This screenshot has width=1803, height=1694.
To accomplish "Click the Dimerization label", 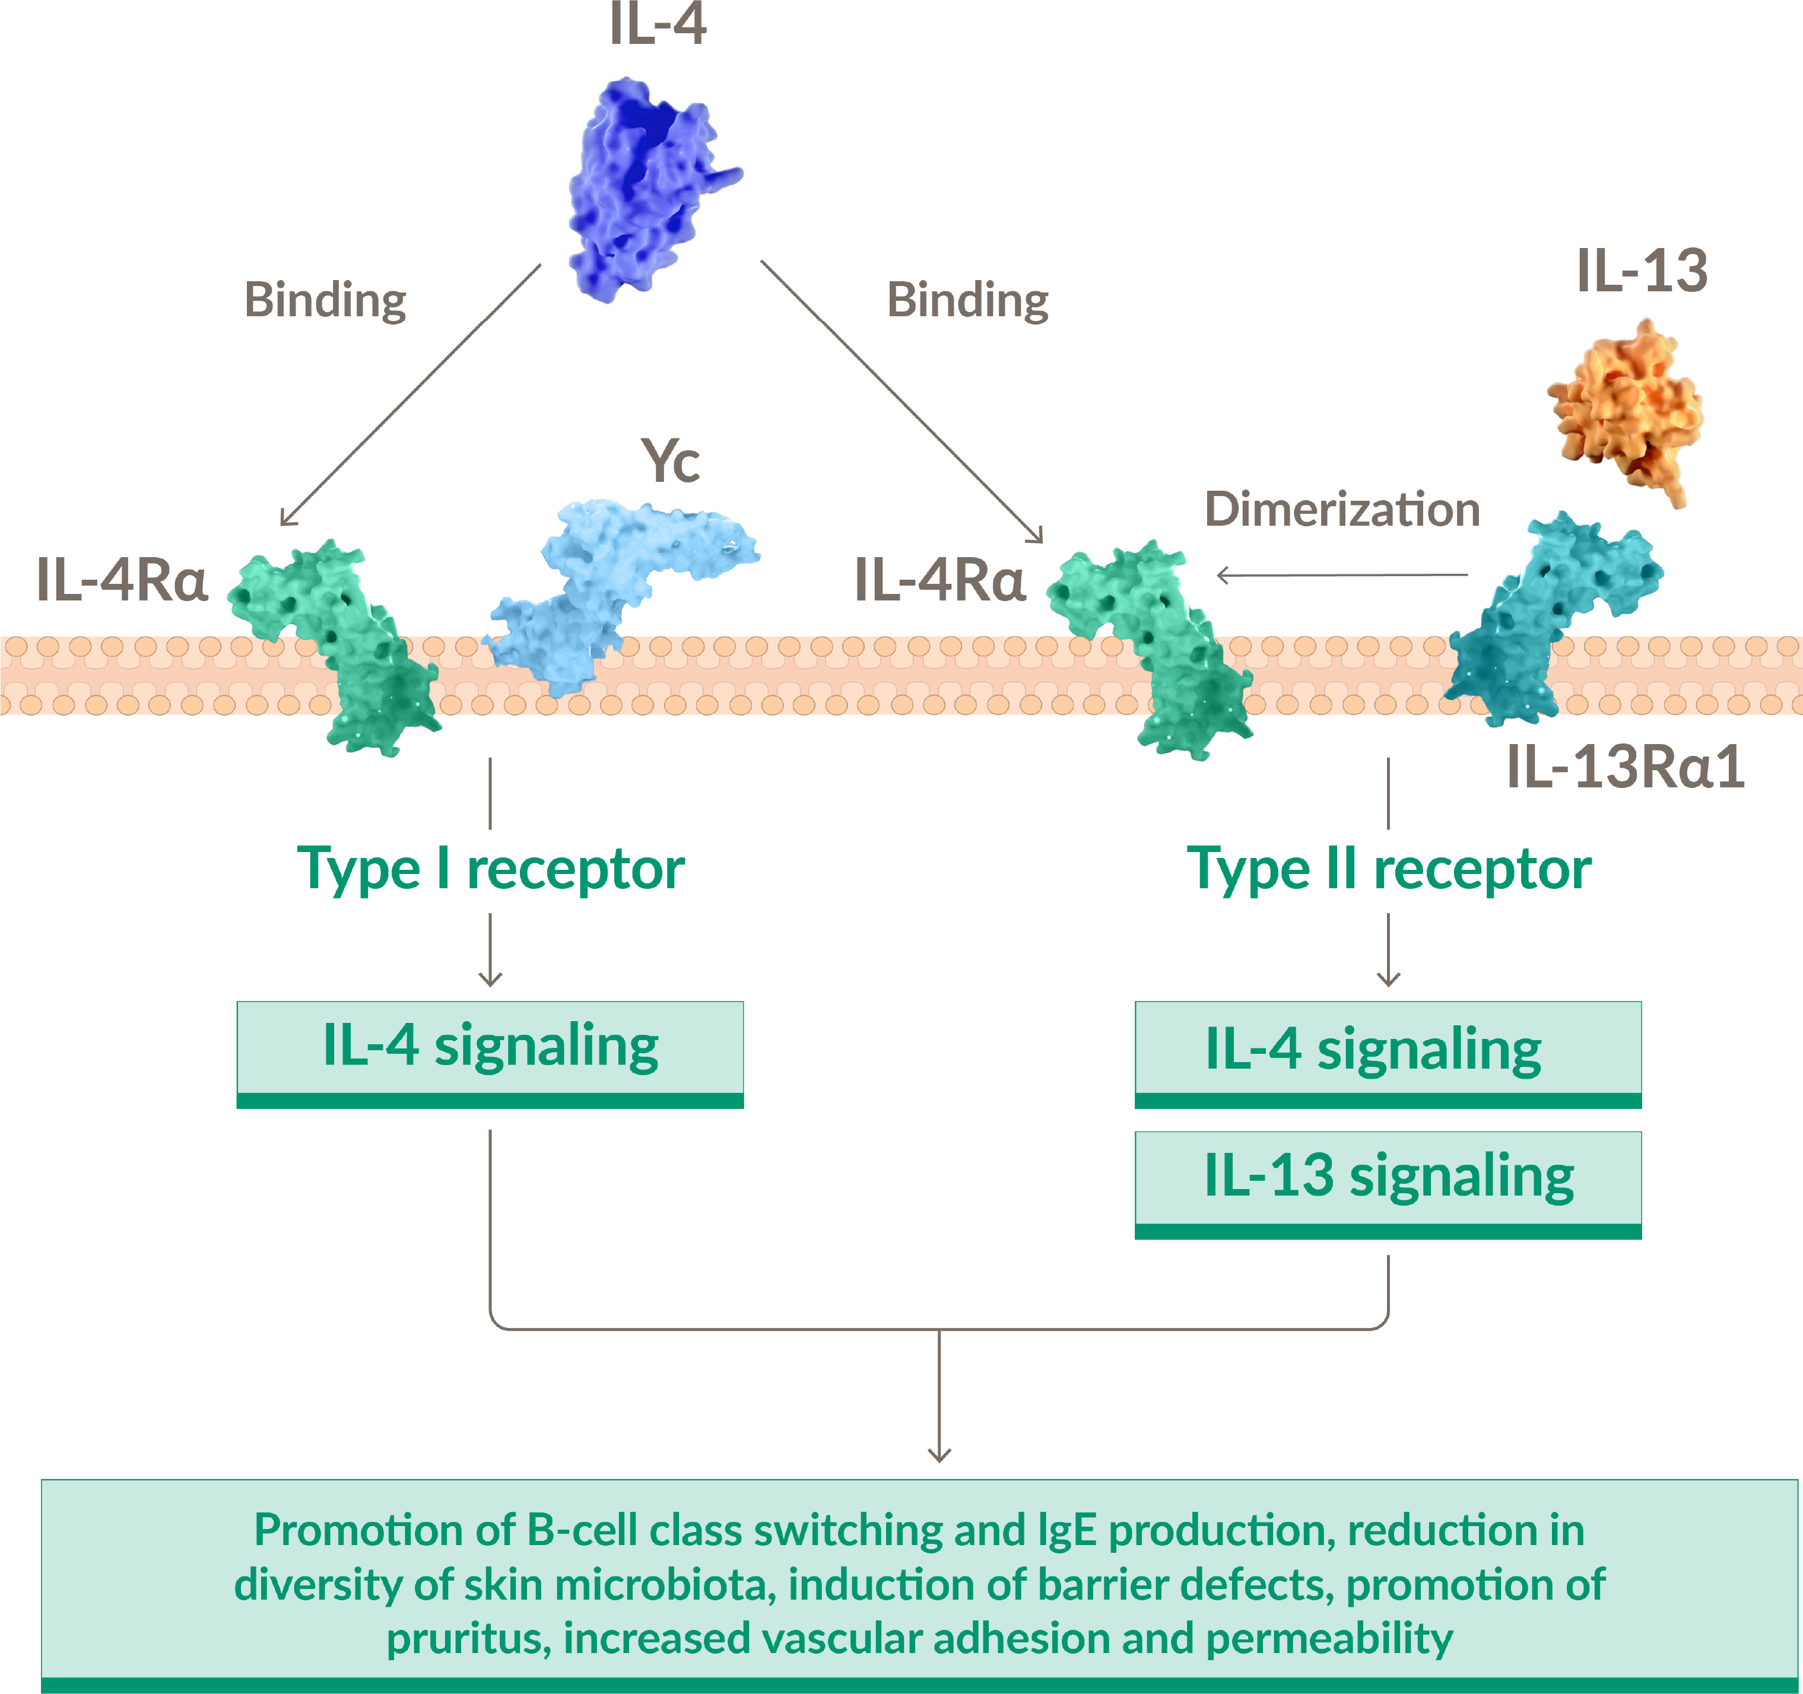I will [x=1342, y=510].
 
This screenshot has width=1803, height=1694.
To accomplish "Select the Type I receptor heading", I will [x=491, y=869].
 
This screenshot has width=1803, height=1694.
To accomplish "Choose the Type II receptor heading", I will [x=1389, y=869].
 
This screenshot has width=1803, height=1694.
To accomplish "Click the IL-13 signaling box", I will [x=1389, y=1179].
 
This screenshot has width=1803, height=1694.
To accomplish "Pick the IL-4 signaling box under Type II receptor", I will [x=1389, y=1051].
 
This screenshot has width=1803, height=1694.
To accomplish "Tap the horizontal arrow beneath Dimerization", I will [x=1342, y=575].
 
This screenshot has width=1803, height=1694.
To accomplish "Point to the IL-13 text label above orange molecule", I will [x=1642, y=270].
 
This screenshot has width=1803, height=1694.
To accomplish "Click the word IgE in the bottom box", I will [x=1068, y=1530].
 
